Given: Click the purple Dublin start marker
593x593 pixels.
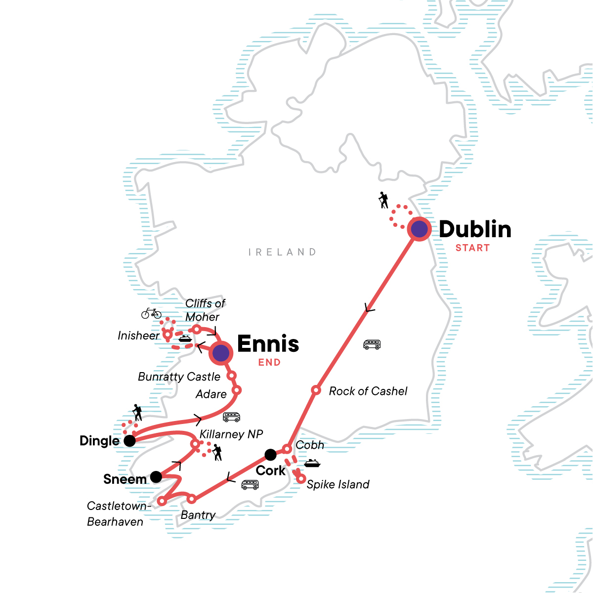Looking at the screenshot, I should coord(419,229).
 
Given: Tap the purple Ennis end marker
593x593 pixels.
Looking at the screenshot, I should coord(221,353).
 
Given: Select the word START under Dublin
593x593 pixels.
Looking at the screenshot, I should coord(472,248).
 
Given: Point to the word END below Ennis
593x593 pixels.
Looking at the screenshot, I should coord(269,363).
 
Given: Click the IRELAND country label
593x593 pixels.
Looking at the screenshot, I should coord(282,252).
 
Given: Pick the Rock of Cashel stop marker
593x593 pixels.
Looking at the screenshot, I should coord(316,390).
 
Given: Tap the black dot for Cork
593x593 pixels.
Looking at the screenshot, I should coord(270,454).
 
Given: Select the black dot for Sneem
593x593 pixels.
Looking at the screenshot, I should coord(156,477).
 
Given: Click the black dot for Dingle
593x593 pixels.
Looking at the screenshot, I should coord(129,441).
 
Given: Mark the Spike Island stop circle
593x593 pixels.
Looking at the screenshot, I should coord(300,478).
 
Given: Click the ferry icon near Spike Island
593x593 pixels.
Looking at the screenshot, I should coord(312,464).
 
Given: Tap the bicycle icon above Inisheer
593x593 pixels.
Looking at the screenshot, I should coord(151,313).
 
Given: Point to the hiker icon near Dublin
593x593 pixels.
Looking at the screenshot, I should coord(383,200).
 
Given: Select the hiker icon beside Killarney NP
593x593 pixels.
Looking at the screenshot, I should coord(217,452).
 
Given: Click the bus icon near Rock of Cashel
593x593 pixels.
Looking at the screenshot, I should coord(372,344).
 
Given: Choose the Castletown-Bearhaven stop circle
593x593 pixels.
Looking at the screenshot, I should coord(162,501).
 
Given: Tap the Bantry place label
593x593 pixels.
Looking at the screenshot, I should coord(198,515).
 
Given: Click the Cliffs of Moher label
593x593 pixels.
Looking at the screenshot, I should coord(205,310).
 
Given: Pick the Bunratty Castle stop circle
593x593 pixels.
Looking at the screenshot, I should coord(231,376).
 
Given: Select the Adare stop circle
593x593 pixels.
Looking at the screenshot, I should coord(236,390).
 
